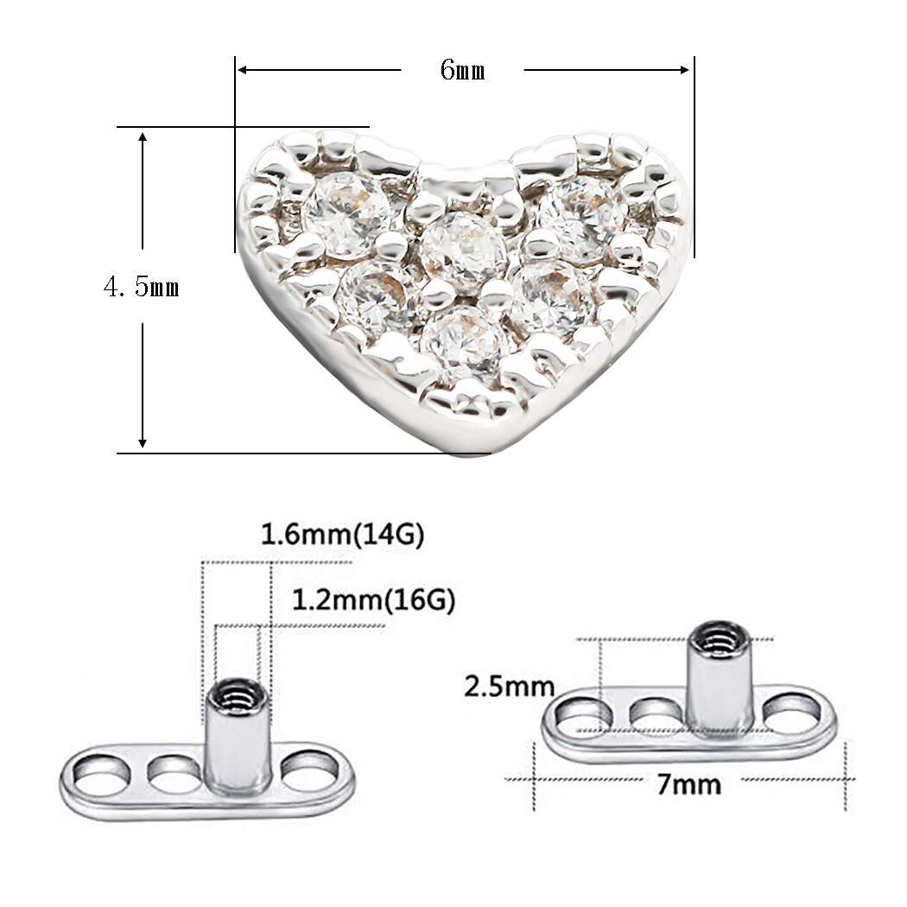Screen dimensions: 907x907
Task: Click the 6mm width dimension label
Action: pos(462,71)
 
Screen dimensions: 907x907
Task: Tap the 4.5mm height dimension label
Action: pos(142,287)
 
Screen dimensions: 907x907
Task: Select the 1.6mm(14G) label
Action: pos(343,536)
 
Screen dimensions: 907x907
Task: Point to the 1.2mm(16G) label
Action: pos(373,599)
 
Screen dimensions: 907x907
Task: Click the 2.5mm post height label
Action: pos(509,687)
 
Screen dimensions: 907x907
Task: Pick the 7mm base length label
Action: pos(688,784)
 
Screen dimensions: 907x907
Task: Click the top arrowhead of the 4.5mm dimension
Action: pos(143,136)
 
